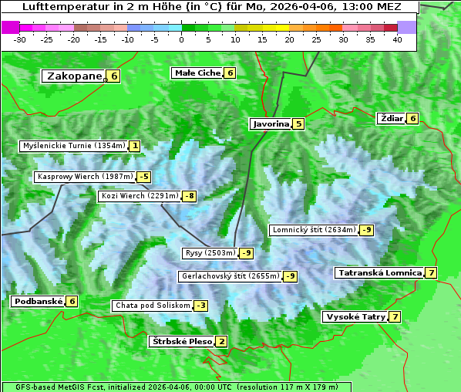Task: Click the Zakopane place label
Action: pyautogui.click(x=74, y=76)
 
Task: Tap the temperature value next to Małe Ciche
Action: pyautogui.click(x=230, y=73)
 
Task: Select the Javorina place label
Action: pyautogui.click(x=271, y=123)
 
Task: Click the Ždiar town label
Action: pyautogui.click(x=392, y=118)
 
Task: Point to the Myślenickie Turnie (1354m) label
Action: pyautogui.click(x=73, y=145)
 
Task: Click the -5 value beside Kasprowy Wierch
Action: pyautogui.click(x=144, y=177)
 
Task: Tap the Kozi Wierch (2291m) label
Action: pyautogui.click(x=140, y=196)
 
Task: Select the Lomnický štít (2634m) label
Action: pyautogui.click(x=314, y=230)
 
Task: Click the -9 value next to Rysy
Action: pyautogui.click(x=246, y=253)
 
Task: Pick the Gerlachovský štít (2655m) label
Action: pyautogui.click(x=230, y=276)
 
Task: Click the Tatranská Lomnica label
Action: pyautogui.click(x=379, y=272)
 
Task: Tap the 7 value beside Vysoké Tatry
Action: pyautogui.click(x=395, y=316)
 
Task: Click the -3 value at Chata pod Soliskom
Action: pyautogui.click(x=200, y=306)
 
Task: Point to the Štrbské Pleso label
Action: pyautogui.click(x=181, y=341)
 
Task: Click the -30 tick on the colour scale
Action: pyautogui.click(x=20, y=39)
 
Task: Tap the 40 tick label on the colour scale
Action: pyautogui.click(x=397, y=39)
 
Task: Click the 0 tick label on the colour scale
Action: pyautogui.click(x=182, y=39)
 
